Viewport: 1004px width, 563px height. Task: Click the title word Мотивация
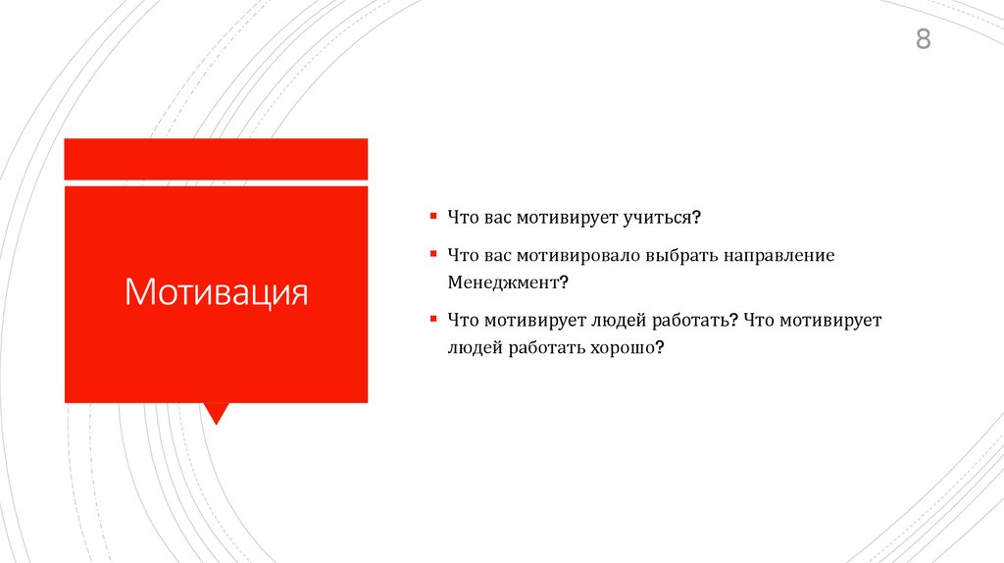(216, 292)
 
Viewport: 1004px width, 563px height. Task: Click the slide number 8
(923, 40)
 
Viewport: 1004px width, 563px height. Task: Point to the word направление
(779, 255)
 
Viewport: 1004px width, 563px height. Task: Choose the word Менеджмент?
(509, 281)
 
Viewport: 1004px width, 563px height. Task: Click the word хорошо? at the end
(627, 347)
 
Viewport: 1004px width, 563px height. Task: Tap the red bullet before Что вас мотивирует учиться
(432, 215)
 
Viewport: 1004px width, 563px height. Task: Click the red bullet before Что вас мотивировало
(432, 254)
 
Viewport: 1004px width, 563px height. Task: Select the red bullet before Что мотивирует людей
(432, 319)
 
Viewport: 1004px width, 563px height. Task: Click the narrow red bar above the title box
(216, 159)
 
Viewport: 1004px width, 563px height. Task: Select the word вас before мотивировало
(498, 255)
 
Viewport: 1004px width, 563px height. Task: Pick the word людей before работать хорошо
(476, 347)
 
